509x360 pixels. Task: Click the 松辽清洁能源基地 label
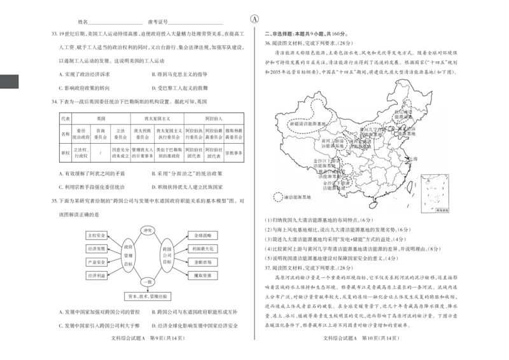(403, 114)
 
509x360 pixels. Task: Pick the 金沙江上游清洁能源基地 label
(328, 162)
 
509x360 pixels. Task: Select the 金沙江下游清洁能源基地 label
(335, 186)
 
